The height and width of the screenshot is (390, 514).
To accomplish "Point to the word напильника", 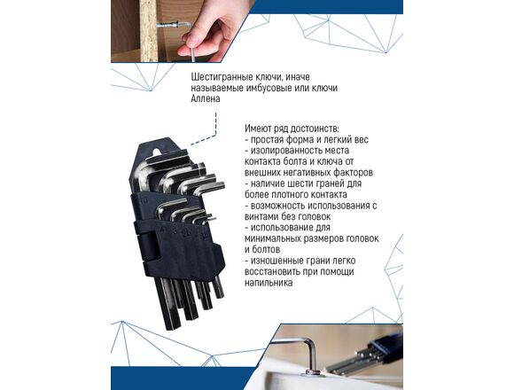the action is (269, 283).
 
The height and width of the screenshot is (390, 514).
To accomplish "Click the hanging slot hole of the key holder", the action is (159, 151).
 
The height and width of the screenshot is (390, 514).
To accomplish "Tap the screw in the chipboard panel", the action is (172, 25).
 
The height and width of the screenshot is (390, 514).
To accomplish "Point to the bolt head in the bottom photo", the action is (313, 372).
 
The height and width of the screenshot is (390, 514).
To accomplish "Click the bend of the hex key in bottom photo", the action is (311, 345).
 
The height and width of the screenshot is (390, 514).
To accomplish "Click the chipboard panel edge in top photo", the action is (148, 31).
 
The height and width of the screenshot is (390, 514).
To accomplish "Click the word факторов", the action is (354, 172).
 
